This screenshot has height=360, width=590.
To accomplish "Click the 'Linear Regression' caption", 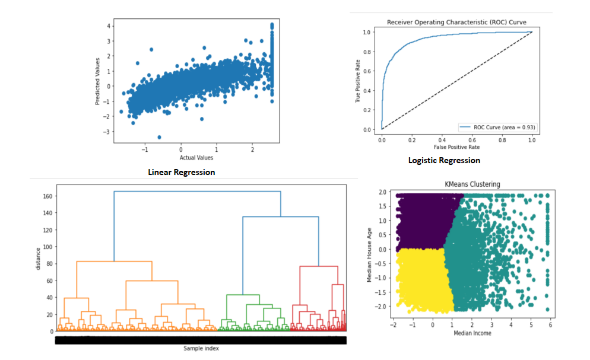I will pos(181,172).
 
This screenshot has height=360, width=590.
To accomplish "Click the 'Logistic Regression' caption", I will pos(444,160).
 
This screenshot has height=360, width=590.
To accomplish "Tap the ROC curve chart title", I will pos(456,23).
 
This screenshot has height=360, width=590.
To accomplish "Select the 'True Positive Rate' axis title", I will pos(359,81).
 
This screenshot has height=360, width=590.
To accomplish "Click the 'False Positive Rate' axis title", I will pos(456,146).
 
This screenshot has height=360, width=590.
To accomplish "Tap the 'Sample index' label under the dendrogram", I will pos(201,348).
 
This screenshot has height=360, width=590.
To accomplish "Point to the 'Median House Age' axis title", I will pos(369,254).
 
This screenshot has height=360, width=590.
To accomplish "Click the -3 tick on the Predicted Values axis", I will pos(107,131).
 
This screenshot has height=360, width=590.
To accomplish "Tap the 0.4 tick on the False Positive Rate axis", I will pos(442,139).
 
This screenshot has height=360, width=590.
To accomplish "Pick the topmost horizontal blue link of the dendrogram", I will pos(197,192).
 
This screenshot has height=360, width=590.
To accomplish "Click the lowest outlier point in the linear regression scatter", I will pos(159,137).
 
